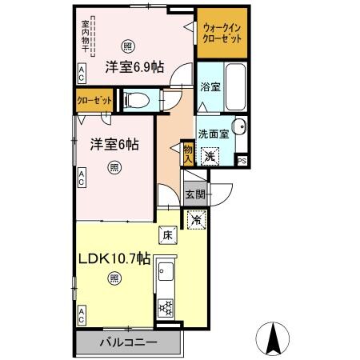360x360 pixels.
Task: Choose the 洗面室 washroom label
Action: pos(214,134)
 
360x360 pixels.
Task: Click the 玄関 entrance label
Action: pos(195,194)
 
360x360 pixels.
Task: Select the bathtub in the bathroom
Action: pos(235,86)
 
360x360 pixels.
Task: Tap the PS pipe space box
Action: pos(243,161)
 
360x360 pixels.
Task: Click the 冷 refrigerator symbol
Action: pos(195,217)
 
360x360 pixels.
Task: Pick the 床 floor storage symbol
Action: pos(167,234)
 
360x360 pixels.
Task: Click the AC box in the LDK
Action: pos(82,318)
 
